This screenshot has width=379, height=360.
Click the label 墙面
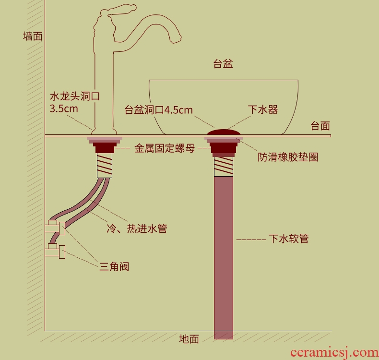[x=33, y=36]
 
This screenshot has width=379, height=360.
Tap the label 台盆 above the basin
[x=223, y=64]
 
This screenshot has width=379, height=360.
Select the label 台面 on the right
[x=320, y=126]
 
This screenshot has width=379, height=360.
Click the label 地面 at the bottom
[x=189, y=339]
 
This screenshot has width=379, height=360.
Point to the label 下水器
[x=263, y=109]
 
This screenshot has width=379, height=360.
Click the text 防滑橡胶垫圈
[x=288, y=157]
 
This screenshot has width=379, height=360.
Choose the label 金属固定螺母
[x=165, y=149]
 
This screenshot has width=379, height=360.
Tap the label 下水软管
[x=289, y=239]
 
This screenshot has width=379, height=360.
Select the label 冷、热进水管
[x=136, y=228]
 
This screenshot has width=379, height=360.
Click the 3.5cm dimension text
[x=64, y=108]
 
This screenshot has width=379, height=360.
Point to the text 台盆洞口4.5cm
[x=159, y=110]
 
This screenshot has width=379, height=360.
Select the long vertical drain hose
[x=223, y=254]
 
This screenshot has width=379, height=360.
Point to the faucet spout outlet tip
[x=178, y=38]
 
